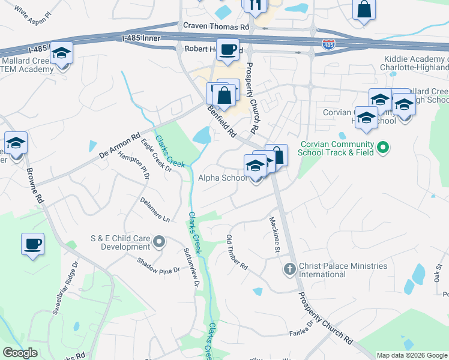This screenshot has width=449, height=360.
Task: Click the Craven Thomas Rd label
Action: coord(215,27)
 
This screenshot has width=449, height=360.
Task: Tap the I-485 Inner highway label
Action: coord(142,38)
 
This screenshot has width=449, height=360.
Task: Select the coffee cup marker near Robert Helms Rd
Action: coord(228,50)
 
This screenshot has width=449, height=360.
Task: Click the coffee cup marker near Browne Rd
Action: coord(33,244)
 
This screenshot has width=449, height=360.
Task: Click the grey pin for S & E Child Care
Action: coord(159,242)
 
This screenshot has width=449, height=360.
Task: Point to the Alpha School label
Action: coord(222,178)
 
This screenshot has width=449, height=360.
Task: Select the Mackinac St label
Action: coord(275,233)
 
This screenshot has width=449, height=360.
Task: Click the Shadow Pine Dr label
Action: coord(158,266)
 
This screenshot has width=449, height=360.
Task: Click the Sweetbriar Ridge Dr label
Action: coord(65,287)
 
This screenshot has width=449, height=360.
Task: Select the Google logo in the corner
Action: coord(20,353)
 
